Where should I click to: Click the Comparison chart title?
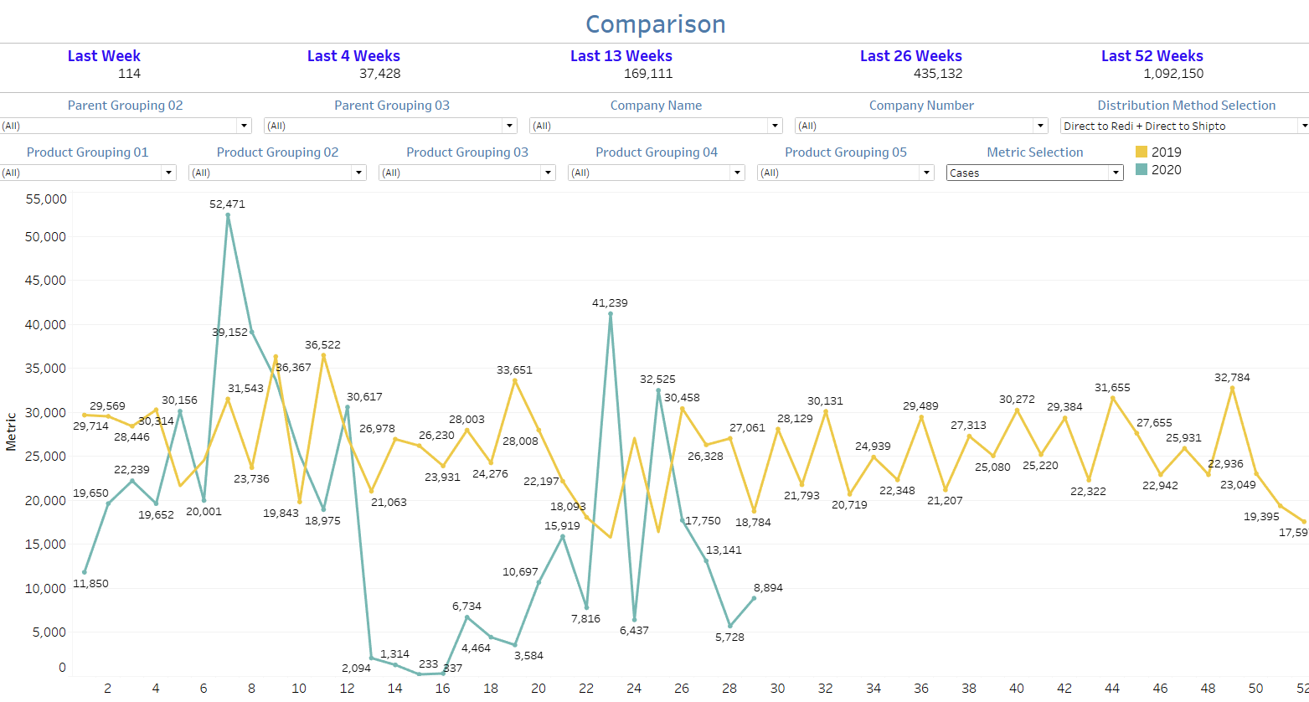655,24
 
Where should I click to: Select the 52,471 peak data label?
228,204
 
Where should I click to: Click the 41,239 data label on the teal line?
610,303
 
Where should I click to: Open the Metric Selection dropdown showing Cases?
1034,173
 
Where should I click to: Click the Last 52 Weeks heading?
1152,56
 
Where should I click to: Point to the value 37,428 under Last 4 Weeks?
380,74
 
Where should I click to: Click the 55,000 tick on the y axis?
47,199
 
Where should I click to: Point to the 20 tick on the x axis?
539,689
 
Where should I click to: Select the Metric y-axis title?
12,431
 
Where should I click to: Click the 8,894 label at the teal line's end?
768,588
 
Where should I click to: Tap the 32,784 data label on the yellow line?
1232,378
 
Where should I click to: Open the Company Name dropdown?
656,126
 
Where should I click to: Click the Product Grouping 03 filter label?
467,152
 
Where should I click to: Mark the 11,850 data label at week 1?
90,584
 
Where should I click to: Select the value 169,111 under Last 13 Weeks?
648,74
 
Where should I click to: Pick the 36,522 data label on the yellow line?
322,345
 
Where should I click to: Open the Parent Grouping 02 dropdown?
126,126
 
